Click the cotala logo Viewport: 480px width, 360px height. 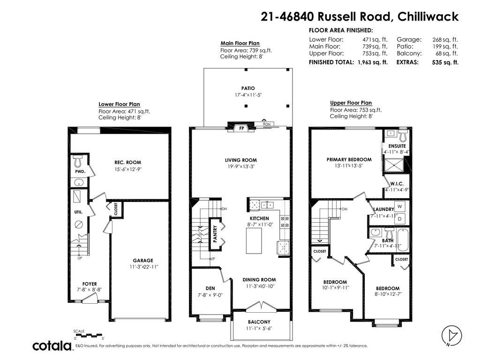point(52,346)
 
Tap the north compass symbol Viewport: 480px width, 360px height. point(452,335)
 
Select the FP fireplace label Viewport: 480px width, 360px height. point(241,128)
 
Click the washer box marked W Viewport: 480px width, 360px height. point(399,206)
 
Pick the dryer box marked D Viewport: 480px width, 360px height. point(399,218)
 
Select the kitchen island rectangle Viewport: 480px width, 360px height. point(254,240)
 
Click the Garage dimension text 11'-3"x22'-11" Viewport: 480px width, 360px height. point(143,267)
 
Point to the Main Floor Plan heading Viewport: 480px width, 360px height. point(240,43)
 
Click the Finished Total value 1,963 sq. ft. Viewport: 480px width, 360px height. point(372,62)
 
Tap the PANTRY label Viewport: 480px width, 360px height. point(215,234)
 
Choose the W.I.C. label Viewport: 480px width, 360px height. point(397,184)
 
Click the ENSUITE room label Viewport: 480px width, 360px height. point(397,146)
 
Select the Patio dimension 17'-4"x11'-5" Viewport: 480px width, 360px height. point(248,95)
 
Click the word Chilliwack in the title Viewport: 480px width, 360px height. point(428,16)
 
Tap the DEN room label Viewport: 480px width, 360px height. point(210,288)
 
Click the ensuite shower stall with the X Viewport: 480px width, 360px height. point(394,165)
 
